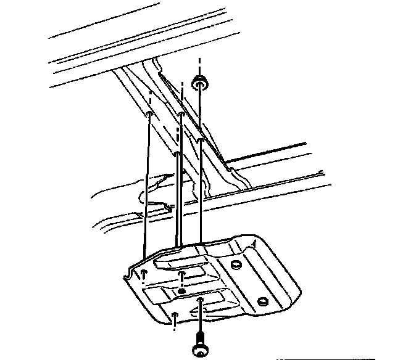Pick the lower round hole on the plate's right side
pyautogui.click(x=262, y=301)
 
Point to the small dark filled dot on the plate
pyautogui.click(x=180, y=291)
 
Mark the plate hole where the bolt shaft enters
pyautogui.click(x=201, y=301)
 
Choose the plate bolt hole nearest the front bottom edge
pyautogui.click(x=175, y=316)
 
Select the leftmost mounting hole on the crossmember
pyautogui.click(x=150, y=115)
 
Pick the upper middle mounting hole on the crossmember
pyautogui.click(x=181, y=115)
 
